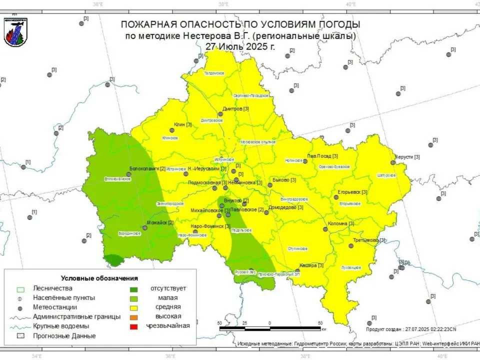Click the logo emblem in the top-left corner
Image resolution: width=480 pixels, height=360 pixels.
click(15, 32)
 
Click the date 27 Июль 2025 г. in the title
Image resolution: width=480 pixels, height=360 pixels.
click(240, 45)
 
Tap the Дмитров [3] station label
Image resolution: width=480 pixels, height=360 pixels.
click(235, 108)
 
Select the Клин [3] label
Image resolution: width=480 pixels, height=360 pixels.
click(183, 124)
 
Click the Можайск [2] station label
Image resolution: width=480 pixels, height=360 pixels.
click(160, 222)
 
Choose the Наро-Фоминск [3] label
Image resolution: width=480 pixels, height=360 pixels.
click(210, 226)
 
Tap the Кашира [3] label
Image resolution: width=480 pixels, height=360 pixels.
click(311, 265)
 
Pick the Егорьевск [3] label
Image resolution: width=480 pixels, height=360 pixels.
click(352, 192)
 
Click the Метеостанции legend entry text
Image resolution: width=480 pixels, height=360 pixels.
click(55, 307)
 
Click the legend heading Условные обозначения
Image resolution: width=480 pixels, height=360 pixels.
click(99, 278)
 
